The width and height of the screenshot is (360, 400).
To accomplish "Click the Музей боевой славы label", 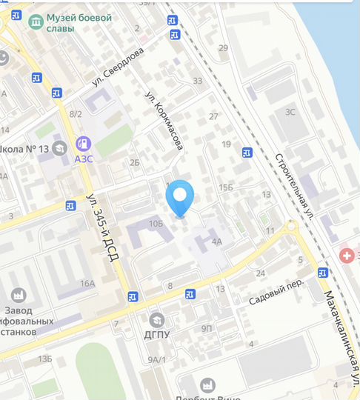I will tap(80, 23).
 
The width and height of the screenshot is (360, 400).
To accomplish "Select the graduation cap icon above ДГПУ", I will tap(156, 321).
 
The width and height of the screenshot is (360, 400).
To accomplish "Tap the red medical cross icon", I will tap(346, 255).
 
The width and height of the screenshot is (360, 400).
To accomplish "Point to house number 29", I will tap(223, 48).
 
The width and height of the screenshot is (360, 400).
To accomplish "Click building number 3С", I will tap(291, 113).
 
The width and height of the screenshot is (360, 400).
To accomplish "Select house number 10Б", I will tap(156, 223).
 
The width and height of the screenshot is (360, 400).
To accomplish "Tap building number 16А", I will tap(88, 284).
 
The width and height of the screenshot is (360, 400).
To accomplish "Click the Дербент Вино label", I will tap(210, 395).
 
